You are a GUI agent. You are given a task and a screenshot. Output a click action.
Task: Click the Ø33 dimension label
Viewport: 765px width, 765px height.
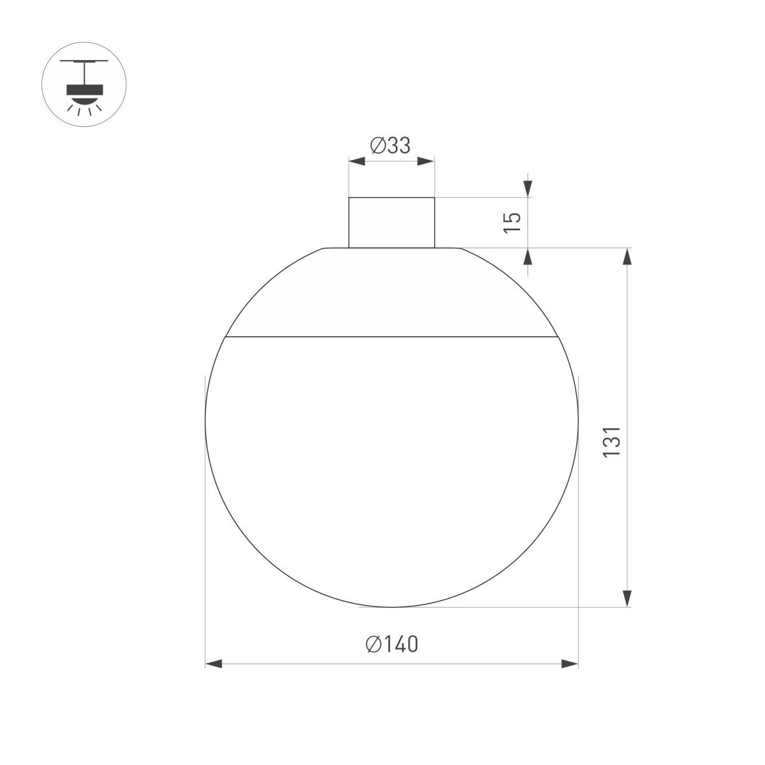point(390,146)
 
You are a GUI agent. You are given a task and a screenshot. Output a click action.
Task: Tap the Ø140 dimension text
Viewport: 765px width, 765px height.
point(392,645)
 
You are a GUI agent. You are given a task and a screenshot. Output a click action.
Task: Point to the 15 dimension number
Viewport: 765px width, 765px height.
point(513,221)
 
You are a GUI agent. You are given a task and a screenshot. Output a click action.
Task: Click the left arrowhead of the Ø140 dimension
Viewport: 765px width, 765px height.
point(214,664)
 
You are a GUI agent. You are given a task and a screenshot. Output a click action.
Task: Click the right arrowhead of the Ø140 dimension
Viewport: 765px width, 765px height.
point(569,664)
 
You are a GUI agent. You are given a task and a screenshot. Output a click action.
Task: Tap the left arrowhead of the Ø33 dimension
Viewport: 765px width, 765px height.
point(356,162)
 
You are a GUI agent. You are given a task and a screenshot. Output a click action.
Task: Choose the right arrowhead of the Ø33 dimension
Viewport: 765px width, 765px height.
point(426,162)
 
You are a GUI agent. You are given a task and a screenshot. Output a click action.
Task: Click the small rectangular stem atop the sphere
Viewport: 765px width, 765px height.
point(391,222)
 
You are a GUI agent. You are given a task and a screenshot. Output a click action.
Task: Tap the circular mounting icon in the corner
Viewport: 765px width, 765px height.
point(84,84)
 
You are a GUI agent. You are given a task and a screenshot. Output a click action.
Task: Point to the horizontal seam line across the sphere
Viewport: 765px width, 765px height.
point(391,335)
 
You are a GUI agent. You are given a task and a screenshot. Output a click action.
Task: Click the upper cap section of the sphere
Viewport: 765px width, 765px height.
point(391,293)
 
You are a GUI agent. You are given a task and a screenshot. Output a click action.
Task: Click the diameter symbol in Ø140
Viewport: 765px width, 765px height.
point(374,645)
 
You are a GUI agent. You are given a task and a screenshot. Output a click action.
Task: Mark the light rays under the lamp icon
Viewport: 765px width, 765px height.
point(84,110)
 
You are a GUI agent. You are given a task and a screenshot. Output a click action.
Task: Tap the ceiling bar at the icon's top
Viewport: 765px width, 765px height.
point(84,62)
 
